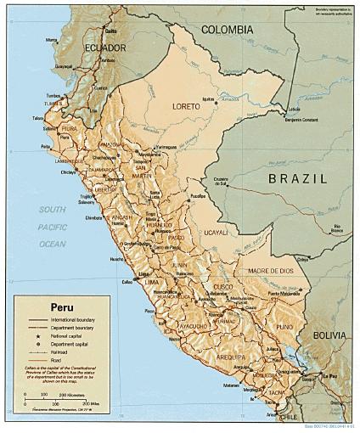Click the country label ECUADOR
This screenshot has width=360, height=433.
pos(104,48)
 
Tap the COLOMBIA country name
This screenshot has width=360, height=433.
pos(227,30)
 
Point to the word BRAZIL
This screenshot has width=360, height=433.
pos(296,178)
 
